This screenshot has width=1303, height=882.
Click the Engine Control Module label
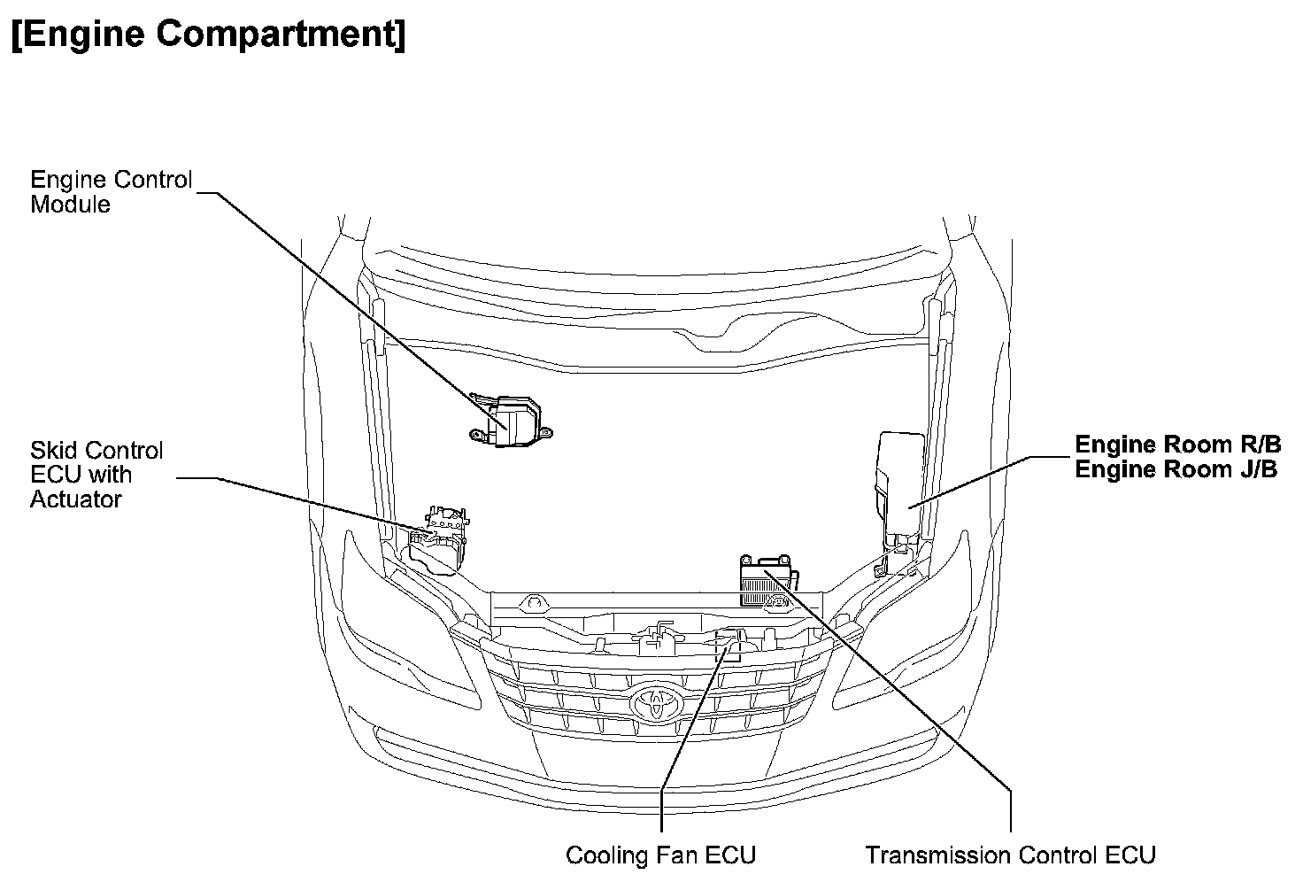[111, 191]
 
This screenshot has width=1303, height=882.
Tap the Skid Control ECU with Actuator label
[96, 475]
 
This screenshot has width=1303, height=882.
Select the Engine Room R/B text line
[1177, 445]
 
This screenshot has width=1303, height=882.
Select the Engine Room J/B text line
[1176, 469]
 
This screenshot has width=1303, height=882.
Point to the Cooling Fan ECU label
[660, 855]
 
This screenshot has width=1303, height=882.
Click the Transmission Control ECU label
[1010, 855]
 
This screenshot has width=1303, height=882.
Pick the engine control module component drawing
[512, 421]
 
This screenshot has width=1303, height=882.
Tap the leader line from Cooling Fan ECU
[686, 735]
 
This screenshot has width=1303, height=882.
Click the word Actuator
[76, 499]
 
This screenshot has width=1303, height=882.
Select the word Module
[70, 205]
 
